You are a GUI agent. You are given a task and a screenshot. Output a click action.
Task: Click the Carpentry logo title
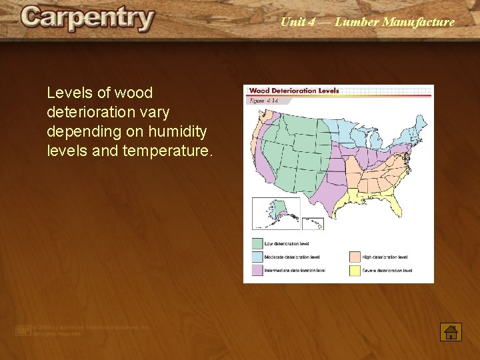point(87,19)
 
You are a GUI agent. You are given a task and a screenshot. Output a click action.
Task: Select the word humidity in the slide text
point(181,131)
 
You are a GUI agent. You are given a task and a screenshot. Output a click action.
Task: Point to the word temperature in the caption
point(167,150)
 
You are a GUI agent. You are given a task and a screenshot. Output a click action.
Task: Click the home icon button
point(451,331)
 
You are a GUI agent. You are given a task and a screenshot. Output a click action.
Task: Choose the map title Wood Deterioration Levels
point(294,91)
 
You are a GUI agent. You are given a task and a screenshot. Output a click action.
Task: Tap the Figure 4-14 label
point(263,101)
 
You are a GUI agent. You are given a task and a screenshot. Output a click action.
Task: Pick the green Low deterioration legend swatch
point(257,243)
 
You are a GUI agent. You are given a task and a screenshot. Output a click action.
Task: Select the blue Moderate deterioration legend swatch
point(257,257)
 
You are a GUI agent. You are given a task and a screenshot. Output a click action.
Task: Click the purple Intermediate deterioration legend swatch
point(257,270)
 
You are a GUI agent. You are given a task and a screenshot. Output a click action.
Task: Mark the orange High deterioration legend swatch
point(355,257)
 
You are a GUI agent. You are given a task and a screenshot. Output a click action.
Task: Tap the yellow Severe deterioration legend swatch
point(355,270)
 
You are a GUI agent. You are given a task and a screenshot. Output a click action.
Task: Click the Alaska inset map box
point(275,213)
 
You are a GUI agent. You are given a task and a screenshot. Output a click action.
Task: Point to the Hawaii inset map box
point(313,223)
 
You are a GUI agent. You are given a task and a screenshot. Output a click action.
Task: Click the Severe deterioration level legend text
point(387,271)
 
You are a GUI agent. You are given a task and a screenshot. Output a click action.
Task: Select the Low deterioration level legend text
point(287,244)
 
